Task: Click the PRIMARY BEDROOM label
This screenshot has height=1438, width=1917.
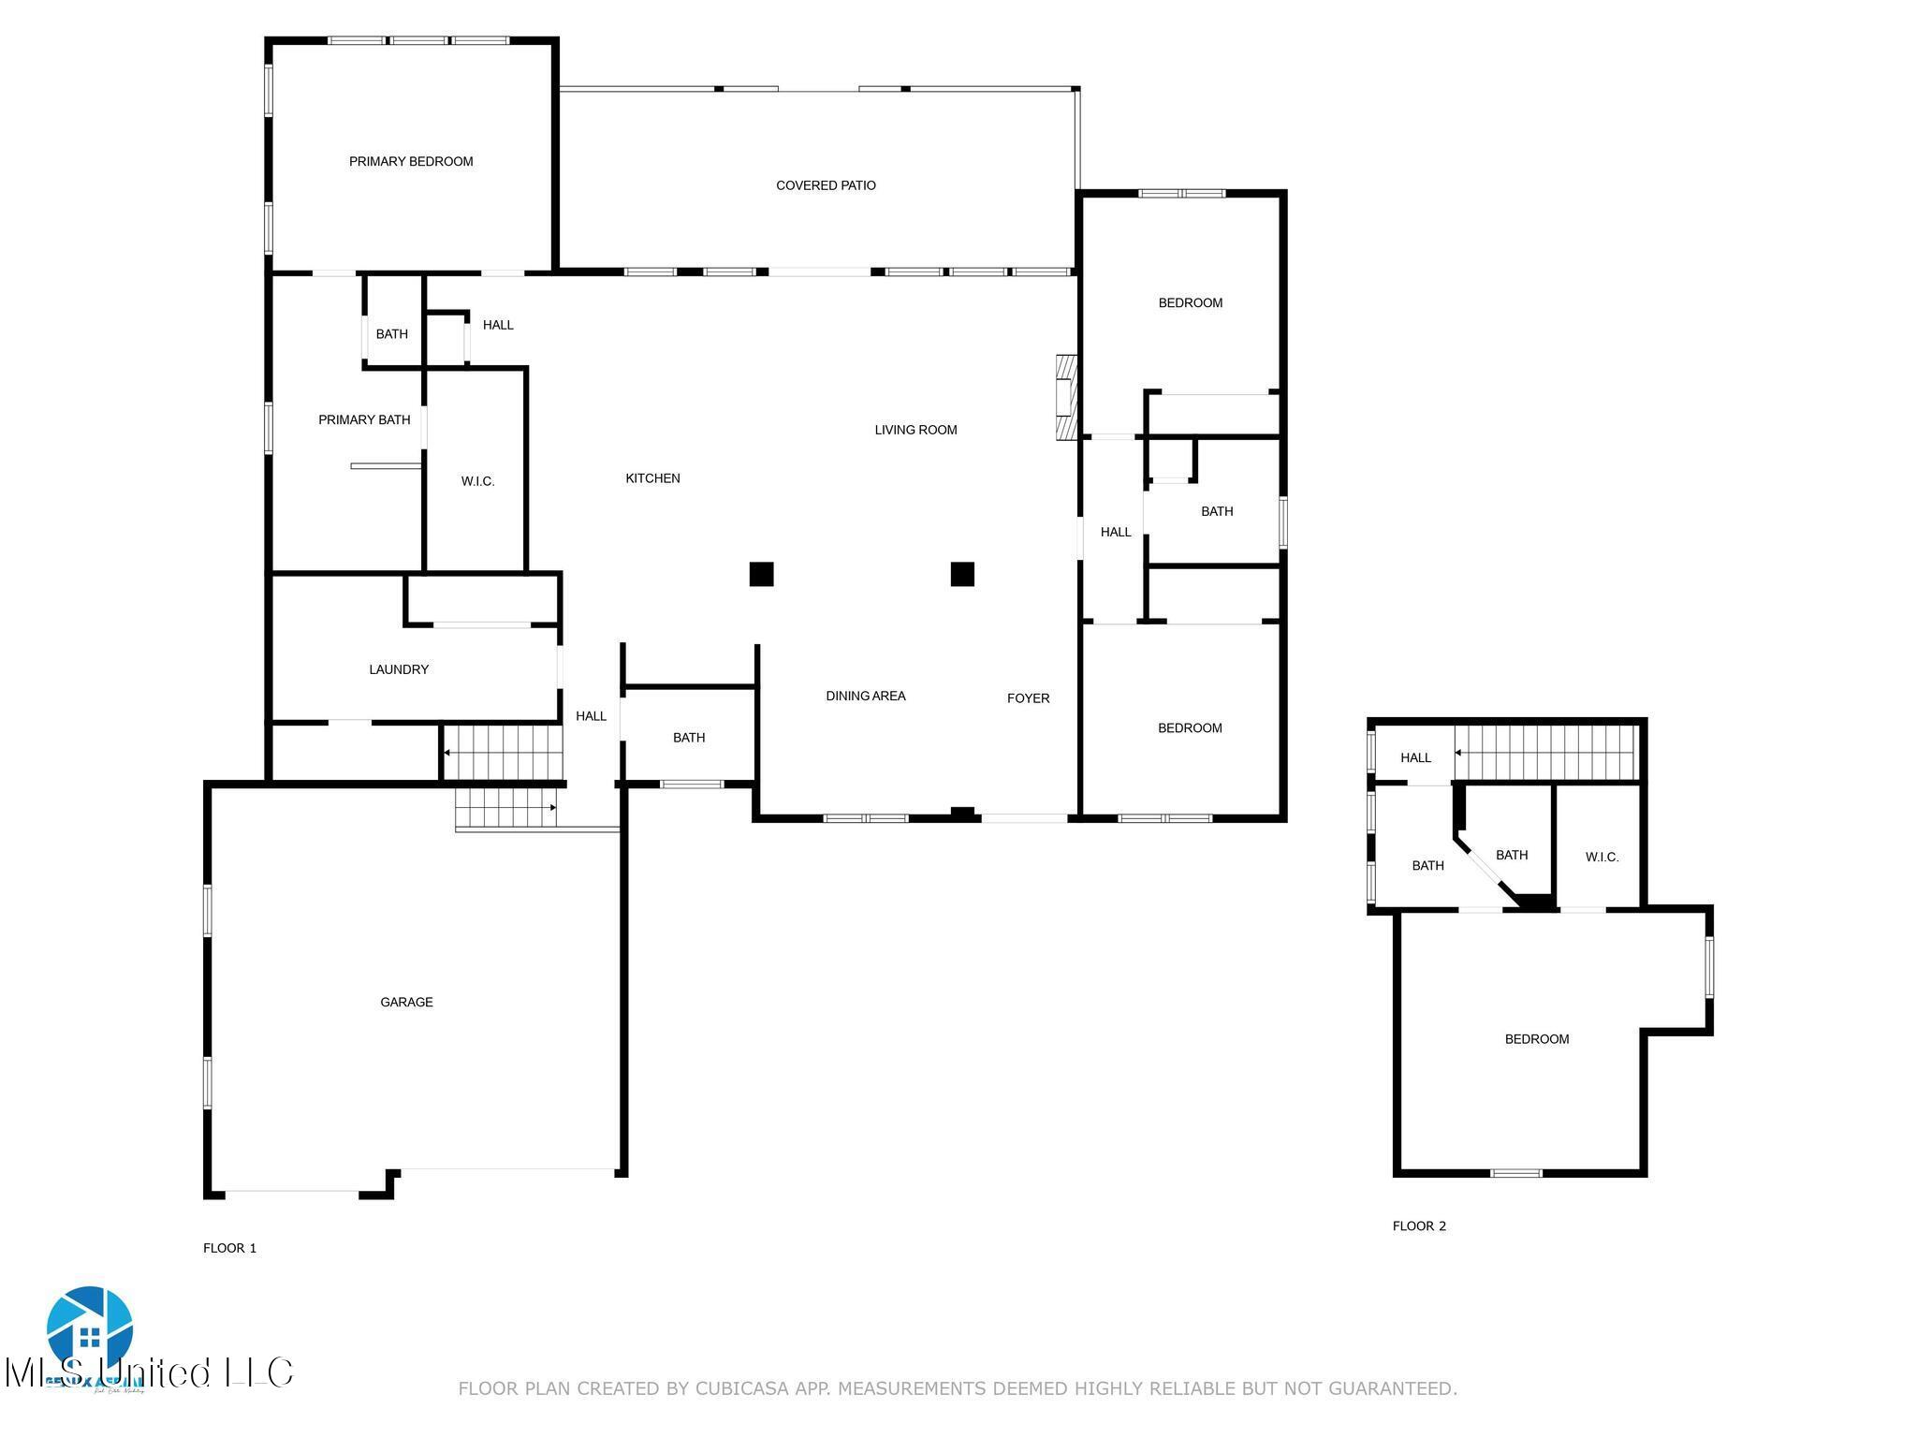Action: click(x=411, y=162)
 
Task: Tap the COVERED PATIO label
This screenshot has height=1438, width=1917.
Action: click(x=826, y=185)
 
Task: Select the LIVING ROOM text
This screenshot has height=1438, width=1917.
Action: click(x=915, y=430)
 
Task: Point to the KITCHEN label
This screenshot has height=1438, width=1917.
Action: click(x=652, y=478)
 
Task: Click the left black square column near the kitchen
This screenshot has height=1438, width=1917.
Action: click(x=761, y=574)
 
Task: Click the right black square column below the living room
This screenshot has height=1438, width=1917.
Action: click(x=962, y=574)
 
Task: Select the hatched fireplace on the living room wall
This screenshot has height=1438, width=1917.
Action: click(x=1066, y=397)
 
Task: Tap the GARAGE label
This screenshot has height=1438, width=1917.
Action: click(x=406, y=1002)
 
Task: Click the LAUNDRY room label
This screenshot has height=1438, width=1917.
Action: click(x=399, y=669)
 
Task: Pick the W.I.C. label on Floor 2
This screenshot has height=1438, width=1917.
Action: click(x=1602, y=857)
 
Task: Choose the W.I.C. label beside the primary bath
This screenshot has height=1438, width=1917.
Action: click(x=477, y=481)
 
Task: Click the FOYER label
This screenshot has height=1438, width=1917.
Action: click(x=1028, y=698)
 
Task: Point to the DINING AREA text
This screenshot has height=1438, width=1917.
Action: click(x=865, y=696)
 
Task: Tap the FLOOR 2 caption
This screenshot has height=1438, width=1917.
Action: click(x=1419, y=1226)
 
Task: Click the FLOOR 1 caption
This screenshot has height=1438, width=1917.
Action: click(x=229, y=1248)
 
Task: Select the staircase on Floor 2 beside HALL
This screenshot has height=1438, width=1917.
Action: click(x=1549, y=753)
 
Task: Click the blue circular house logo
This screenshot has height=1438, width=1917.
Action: click(x=90, y=1330)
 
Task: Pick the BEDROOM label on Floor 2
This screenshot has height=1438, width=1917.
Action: click(x=1536, y=1039)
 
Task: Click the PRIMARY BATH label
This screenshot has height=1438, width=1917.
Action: click(x=364, y=419)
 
